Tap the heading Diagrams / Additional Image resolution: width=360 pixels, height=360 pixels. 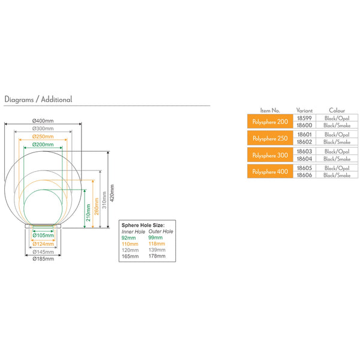[x=38, y=99]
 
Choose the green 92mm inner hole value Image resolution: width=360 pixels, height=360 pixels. [x=128, y=237]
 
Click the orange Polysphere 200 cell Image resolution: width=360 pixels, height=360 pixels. [x=270, y=121]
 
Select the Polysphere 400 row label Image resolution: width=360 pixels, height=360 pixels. [x=270, y=172]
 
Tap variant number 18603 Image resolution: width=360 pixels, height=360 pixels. [x=305, y=151]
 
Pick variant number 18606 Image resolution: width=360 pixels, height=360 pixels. [x=305, y=175]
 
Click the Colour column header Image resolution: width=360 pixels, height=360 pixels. [x=337, y=110]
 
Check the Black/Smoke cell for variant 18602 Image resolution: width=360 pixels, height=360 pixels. [x=337, y=142]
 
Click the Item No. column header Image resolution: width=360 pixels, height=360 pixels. [x=270, y=110]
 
